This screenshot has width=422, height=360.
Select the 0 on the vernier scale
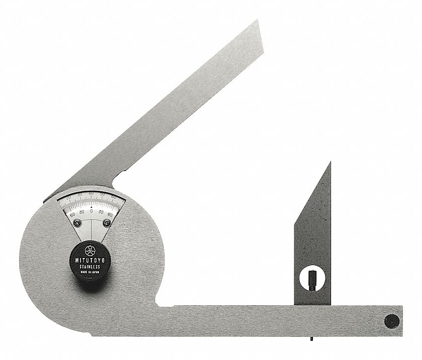coord(91,211)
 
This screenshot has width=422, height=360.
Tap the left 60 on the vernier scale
coord(72,214)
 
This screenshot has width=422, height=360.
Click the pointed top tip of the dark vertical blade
coord(330,162)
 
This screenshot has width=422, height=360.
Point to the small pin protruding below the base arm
coord(311,337)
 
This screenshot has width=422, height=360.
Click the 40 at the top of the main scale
coord(91,193)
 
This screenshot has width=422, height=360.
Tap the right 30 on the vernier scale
coord(100,212)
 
